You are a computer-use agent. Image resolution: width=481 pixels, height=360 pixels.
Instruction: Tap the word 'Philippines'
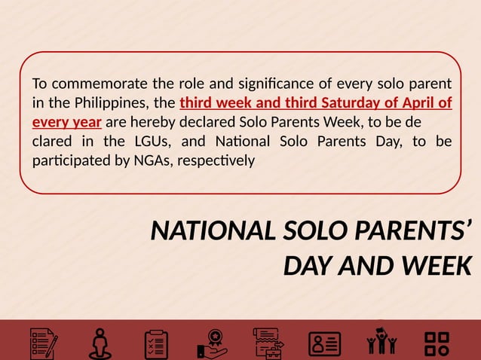coord(112,102)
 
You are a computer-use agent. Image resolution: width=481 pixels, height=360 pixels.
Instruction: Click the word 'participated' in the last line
coord(66,161)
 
